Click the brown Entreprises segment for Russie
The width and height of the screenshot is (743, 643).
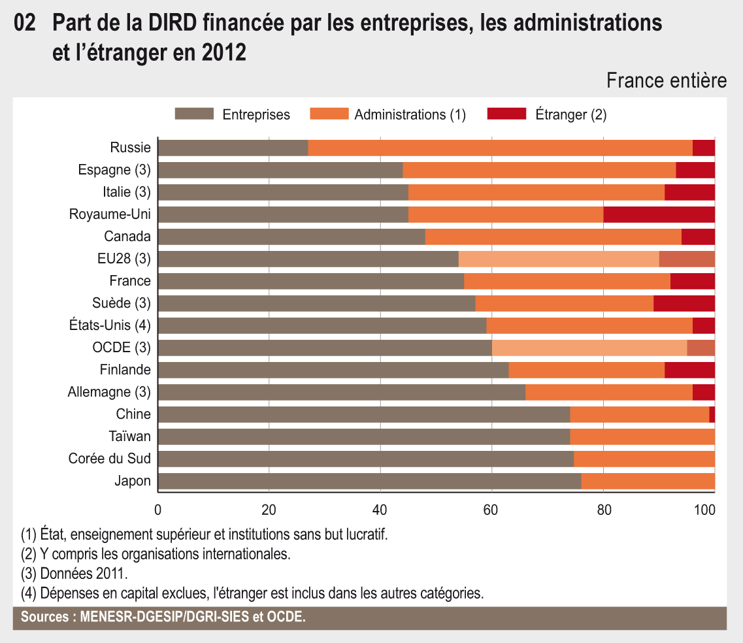233,148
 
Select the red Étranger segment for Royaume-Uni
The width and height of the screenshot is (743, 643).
659,214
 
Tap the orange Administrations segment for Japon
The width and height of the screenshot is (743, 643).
648,481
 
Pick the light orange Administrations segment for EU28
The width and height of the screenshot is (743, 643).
559,259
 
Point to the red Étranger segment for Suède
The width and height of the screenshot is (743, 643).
684,303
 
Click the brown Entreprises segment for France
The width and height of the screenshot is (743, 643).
311,281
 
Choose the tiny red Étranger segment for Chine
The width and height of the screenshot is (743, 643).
712,414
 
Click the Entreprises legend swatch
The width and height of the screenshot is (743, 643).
194,114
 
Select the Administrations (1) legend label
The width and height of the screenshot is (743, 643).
410,115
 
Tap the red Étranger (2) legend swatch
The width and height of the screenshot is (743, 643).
506,114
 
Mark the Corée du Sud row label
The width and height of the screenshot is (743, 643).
110,459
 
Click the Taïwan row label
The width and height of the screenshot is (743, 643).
133,437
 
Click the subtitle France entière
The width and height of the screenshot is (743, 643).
667,80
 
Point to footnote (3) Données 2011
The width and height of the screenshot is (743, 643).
74,574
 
